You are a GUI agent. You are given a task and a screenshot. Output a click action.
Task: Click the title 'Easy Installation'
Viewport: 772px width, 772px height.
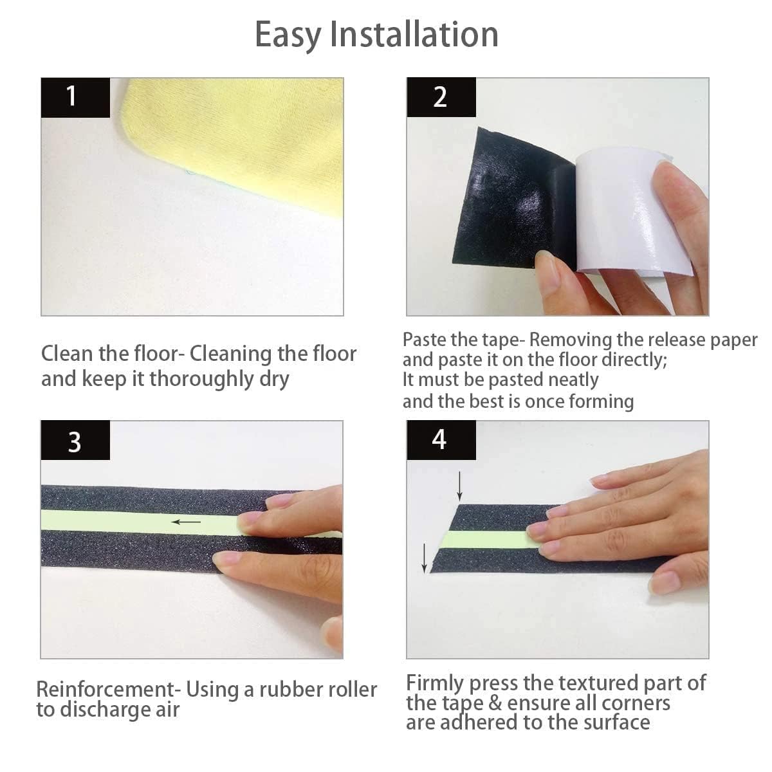click(376, 35)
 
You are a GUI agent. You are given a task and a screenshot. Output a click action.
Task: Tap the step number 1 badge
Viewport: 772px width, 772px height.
click(75, 97)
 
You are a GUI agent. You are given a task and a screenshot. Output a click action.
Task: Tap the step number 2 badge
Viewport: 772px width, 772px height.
click(440, 97)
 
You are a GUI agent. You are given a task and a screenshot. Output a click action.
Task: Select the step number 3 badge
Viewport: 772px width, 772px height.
click(75, 442)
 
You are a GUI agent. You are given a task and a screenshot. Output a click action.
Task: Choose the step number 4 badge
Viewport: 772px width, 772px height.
click(439, 440)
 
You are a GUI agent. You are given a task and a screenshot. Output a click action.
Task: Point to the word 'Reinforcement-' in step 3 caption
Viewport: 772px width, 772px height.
click(106, 690)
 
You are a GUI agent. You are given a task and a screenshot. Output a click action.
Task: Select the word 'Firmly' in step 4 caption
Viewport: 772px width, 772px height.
click(436, 683)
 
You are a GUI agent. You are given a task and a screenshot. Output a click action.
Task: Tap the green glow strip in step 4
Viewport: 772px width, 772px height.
click(489, 539)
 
